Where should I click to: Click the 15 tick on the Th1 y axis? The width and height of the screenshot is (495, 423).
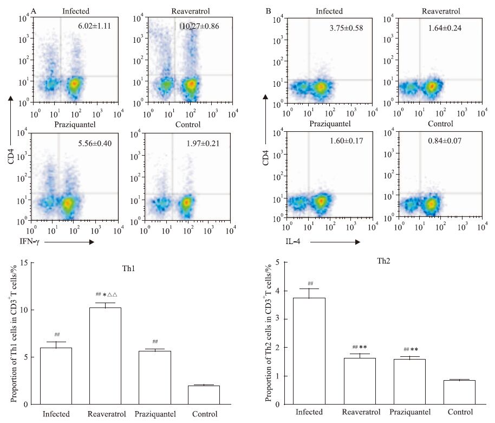pyautogui.click(x=22, y=263)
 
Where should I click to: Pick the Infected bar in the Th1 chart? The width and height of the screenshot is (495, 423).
pyautogui.click(x=56, y=376)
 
